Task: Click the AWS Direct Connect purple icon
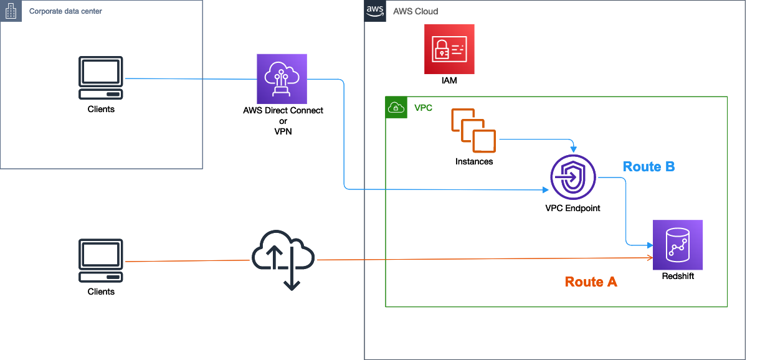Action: click(x=282, y=78)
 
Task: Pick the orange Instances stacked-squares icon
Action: click(x=473, y=130)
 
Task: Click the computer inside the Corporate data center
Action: click(x=100, y=78)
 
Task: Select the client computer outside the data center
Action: click(x=100, y=260)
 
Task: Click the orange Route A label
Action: click(x=591, y=282)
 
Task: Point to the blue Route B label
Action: click(x=648, y=166)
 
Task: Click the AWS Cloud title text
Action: click(x=416, y=11)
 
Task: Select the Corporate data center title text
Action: click(x=65, y=11)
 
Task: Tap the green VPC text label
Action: click(x=423, y=108)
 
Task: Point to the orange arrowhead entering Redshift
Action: click(x=650, y=258)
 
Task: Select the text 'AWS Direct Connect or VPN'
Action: click(x=283, y=121)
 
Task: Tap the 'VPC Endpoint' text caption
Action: click(x=572, y=208)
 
